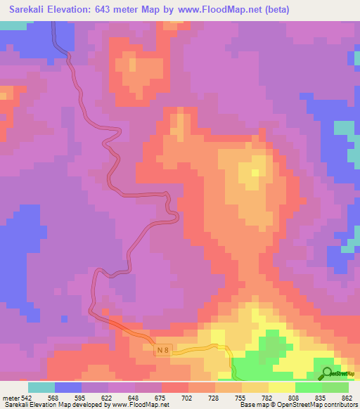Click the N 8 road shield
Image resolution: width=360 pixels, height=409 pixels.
pos(163,349)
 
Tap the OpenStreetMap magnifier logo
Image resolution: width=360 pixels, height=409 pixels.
pos(327,373)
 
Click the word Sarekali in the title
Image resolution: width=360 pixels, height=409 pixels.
pos(28,10)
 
